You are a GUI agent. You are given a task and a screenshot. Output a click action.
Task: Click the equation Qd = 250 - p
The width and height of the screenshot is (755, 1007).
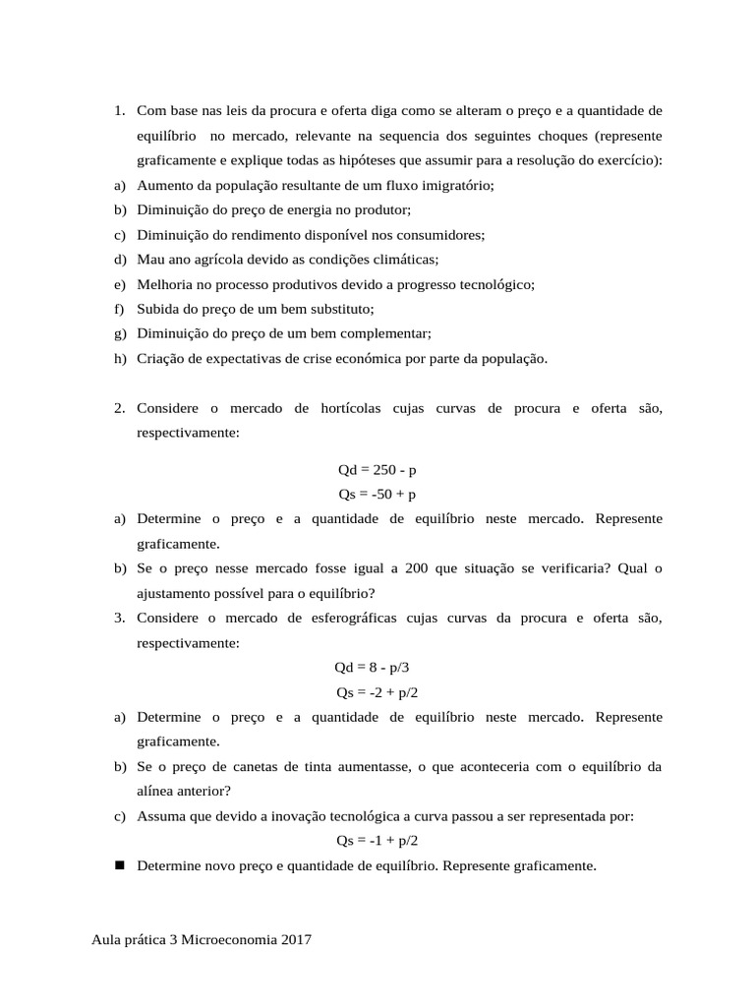tap(377, 470)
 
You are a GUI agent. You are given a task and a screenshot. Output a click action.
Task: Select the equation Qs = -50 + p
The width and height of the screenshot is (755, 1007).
tap(377, 495)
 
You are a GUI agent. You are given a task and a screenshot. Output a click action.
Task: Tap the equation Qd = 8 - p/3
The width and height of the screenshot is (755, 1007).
tap(377, 668)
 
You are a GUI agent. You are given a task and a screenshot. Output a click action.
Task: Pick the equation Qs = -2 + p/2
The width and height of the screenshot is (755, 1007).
tap(377, 692)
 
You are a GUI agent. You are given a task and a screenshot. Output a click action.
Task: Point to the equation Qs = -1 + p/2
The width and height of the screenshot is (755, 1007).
tap(377, 841)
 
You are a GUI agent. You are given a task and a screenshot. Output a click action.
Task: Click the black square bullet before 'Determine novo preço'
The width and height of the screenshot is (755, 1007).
tap(120, 865)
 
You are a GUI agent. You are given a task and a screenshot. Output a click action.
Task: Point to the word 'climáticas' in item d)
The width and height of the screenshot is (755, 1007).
tap(405, 260)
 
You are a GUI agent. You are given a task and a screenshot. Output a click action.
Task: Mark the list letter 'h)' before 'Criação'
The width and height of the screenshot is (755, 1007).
tap(120, 359)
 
